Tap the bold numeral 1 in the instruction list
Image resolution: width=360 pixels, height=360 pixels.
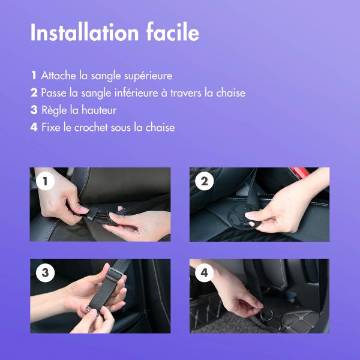pyautogui.click(x=34, y=76)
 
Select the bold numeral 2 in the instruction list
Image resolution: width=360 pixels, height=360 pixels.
pyautogui.click(x=34, y=93)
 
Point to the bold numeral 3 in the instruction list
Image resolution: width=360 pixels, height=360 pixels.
pyautogui.click(x=34, y=110)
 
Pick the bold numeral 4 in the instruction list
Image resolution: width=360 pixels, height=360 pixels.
pyautogui.click(x=34, y=128)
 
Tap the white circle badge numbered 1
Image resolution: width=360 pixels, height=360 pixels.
pyautogui.click(x=44, y=181)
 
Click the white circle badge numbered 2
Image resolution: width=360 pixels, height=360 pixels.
pyautogui.click(x=204, y=181)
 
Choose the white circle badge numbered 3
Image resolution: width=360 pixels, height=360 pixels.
pyautogui.click(x=44, y=273)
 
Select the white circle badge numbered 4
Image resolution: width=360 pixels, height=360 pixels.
pyautogui.click(x=204, y=273)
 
